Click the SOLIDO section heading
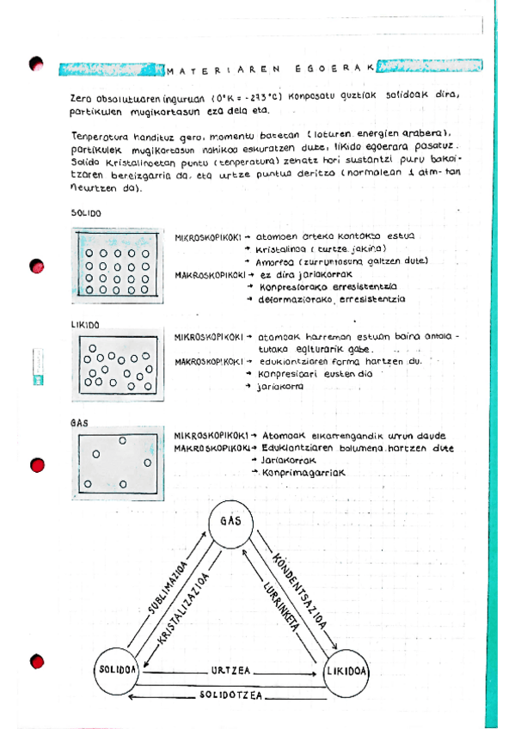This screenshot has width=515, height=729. pos(86,212)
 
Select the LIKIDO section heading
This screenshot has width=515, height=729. pos(86,326)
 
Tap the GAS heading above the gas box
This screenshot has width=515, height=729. pos(81,424)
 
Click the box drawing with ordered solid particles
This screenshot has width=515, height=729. pos(119,266)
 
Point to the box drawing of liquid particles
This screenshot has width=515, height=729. pos(119,368)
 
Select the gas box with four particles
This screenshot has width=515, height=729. pos(119,463)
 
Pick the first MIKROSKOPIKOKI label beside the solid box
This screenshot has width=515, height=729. pos(205,236)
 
